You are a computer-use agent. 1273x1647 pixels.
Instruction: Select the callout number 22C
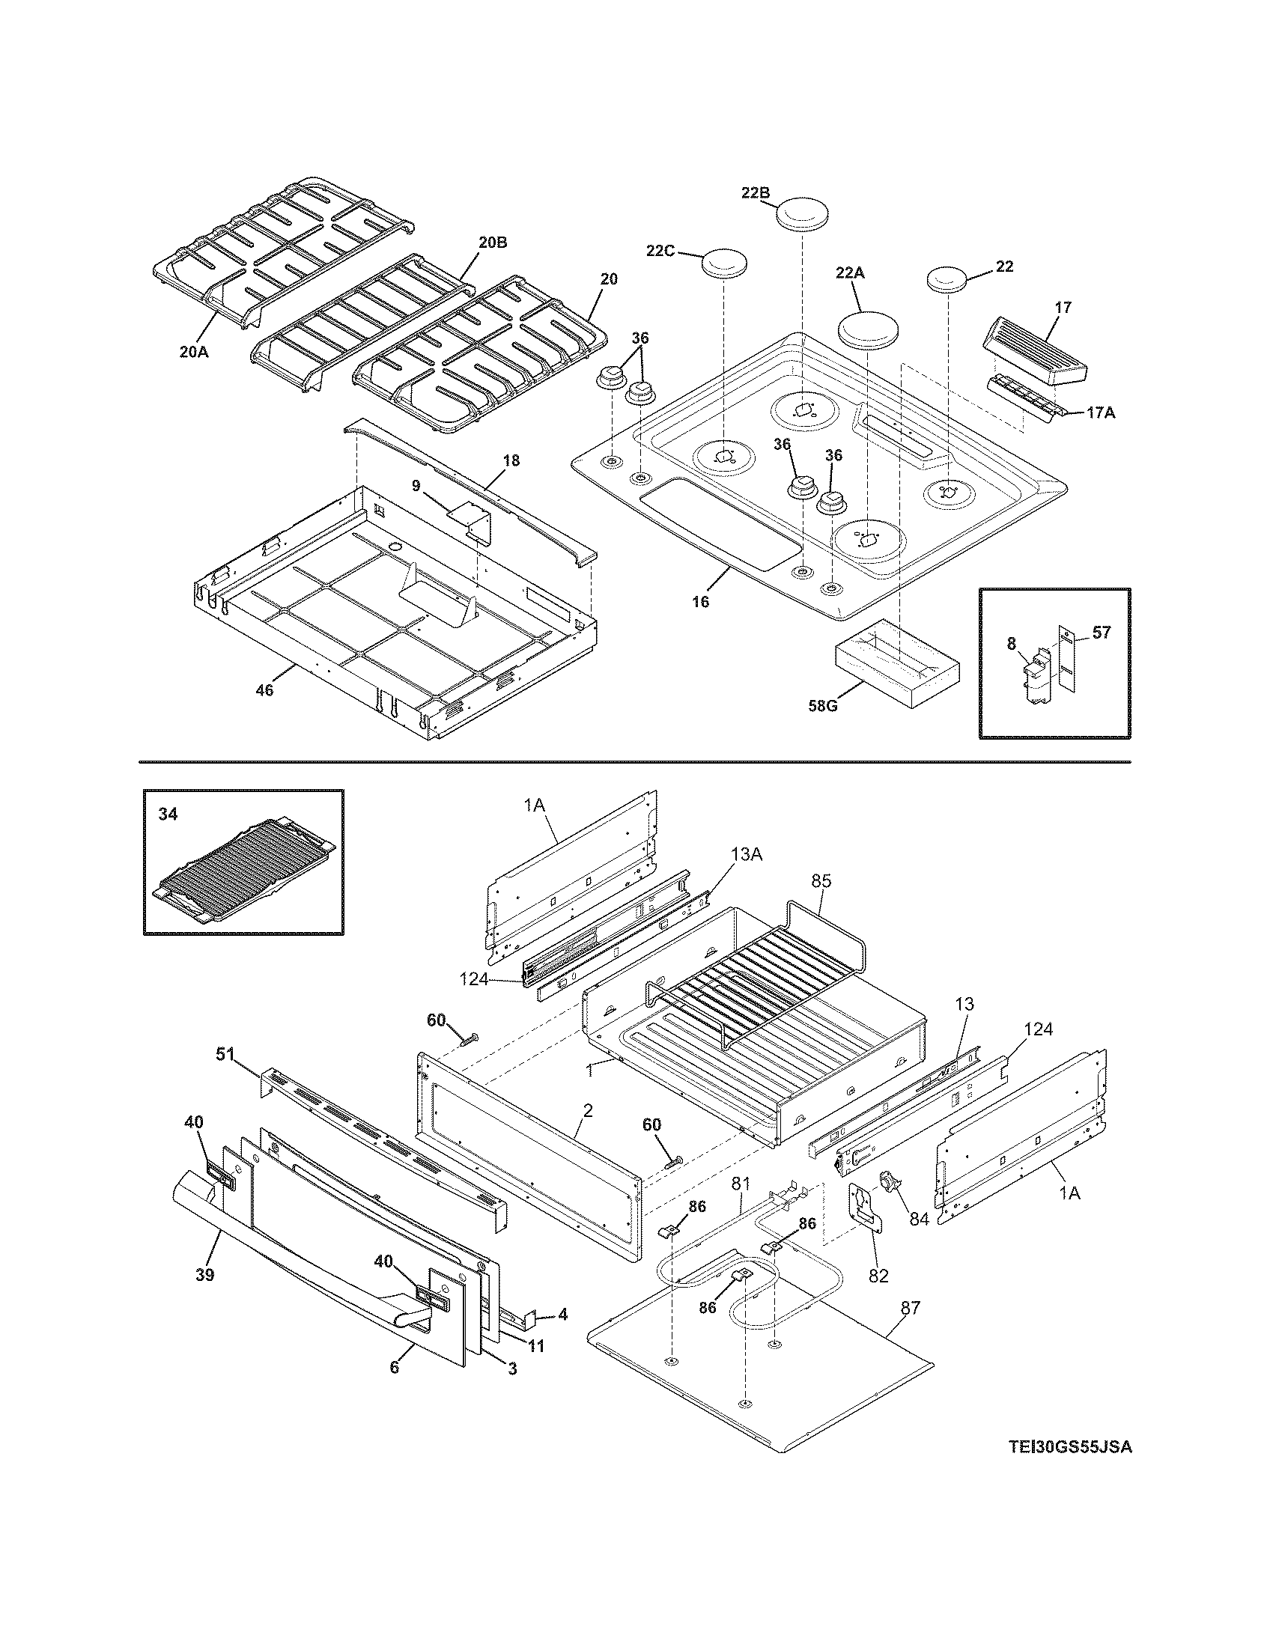660,250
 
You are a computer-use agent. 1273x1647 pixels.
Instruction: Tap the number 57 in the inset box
1101,632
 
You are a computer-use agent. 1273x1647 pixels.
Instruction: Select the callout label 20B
492,242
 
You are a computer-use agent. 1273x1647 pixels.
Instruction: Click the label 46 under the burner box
264,689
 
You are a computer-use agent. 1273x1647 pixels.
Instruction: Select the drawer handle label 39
204,1273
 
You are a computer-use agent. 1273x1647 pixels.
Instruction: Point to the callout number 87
911,1307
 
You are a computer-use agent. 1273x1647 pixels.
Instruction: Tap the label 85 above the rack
821,880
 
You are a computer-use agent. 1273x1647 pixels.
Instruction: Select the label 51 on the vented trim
225,1054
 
